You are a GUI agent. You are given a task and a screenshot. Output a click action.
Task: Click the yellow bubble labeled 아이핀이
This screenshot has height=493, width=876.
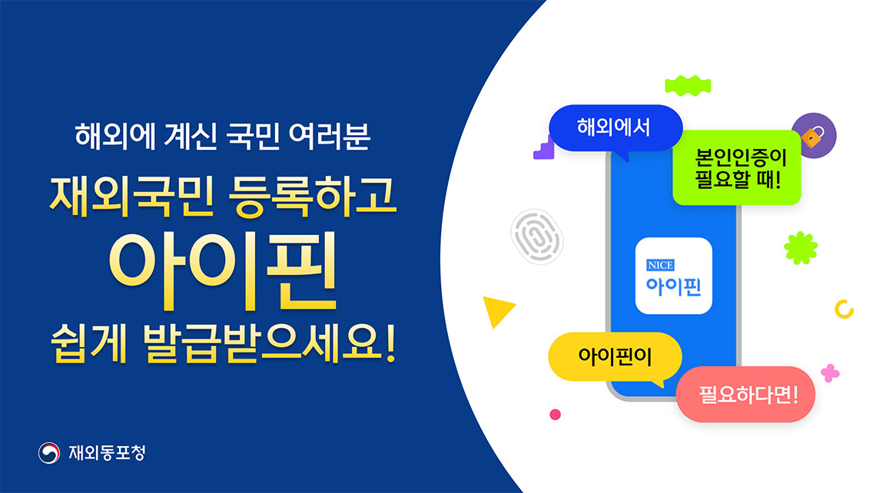click(615, 356)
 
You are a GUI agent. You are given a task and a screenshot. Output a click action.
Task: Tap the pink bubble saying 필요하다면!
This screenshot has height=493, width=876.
click(744, 395)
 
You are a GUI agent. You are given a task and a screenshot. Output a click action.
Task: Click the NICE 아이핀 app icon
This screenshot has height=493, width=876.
click(673, 276)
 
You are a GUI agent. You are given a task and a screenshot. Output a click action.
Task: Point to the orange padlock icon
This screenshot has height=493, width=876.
click(813, 137)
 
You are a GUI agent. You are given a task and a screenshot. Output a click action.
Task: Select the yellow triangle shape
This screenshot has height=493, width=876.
click(496, 311)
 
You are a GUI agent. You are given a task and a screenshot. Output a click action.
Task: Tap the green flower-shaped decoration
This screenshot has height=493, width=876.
click(800, 248)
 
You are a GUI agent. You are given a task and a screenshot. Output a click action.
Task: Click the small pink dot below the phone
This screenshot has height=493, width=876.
click(555, 415)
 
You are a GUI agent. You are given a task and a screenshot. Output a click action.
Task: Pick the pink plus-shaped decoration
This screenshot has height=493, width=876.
click(830, 373)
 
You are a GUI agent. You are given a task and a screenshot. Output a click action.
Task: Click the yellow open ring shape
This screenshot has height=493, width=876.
click(844, 309)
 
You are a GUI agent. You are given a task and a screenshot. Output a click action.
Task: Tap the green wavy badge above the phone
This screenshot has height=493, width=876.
click(686, 84)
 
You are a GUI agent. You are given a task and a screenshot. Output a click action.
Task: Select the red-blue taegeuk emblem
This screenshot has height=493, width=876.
click(50, 453)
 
